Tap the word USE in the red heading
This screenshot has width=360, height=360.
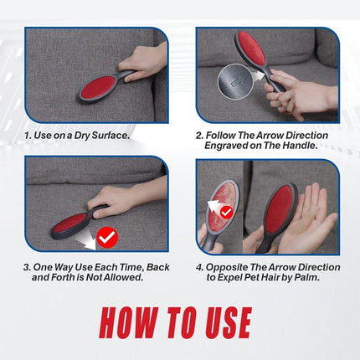[x=229, y=322]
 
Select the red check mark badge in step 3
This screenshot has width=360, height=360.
[x=107, y=237]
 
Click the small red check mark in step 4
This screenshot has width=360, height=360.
[x=227, y=213]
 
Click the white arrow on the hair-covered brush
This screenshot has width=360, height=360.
[x=215, y=205]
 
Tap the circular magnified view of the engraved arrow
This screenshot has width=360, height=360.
[x=235, y=81]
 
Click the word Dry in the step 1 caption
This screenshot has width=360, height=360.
[x=82, y=136]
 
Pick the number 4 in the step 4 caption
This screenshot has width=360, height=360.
[x=199, y=267]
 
